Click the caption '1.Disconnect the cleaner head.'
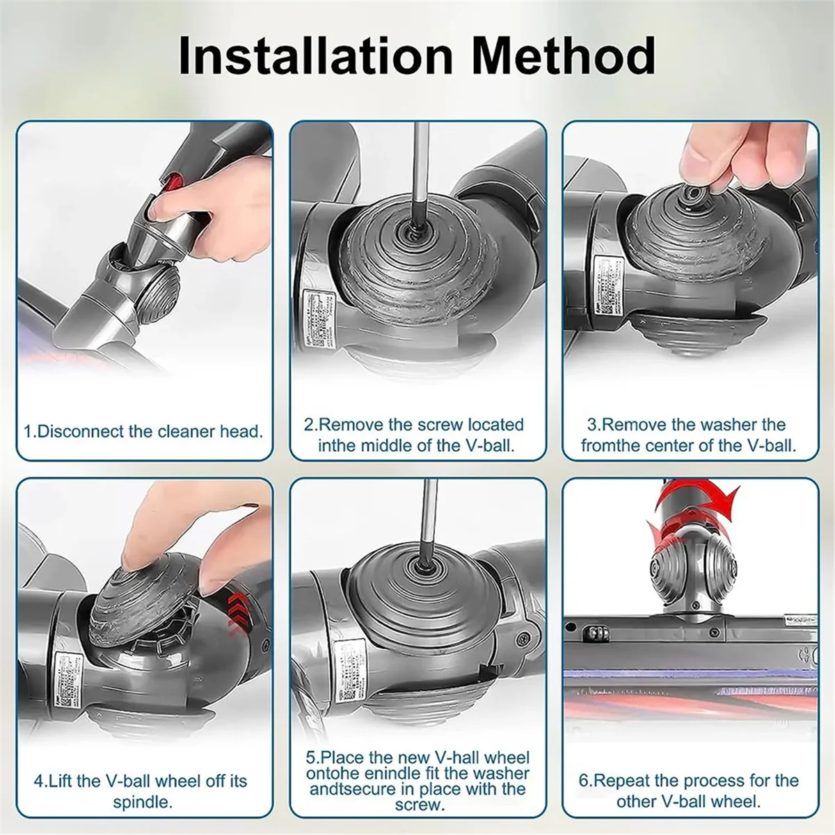(x=144, y=431)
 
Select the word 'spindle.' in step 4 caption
(x=143, y=802)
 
